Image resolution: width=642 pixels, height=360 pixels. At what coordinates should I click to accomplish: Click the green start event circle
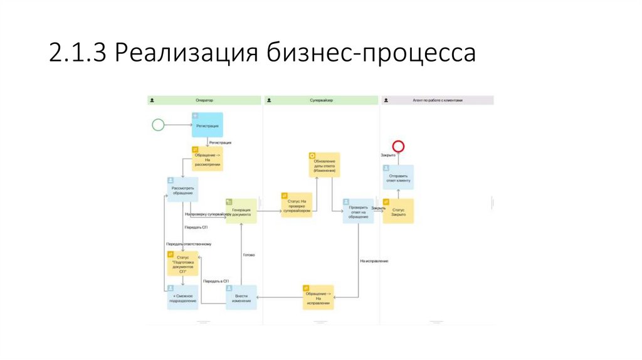[x=158, y=125]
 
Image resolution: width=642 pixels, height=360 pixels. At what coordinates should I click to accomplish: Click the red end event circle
[x=397, y=146]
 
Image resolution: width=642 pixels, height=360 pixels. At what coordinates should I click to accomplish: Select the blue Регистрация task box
[x=208, y=125]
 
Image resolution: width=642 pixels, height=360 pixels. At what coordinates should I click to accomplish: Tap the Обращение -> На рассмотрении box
[x=207, y=159]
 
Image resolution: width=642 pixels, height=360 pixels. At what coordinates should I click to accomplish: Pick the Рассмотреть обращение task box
[x=182, y=189]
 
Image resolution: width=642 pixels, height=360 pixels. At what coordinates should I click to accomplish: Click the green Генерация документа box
[x=241, y=211]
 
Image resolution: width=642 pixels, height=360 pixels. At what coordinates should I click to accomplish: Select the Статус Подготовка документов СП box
[x=182, y=263]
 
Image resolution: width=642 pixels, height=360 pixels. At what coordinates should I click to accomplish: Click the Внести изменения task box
[x=241, y=297]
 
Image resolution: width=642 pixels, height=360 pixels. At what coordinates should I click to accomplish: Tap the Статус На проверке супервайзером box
[x=297, y=204]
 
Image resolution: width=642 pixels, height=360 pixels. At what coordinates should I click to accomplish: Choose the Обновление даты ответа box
[x=324, y=164]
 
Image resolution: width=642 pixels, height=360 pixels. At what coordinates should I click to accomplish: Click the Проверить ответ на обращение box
[x=358, y=211]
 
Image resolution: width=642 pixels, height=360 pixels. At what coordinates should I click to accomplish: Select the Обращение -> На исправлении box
[x=318, y=297]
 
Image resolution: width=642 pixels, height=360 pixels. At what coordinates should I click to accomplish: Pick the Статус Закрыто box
[x=398, y=211]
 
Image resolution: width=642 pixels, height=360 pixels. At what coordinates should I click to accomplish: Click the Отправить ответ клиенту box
[x=398, y=177]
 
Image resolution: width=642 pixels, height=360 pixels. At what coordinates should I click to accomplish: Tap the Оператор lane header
[x=204, y=100]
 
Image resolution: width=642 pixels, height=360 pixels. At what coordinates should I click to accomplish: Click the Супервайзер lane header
[x=321, y=100]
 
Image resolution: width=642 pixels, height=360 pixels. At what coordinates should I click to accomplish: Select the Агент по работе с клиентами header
[x=437, y=100]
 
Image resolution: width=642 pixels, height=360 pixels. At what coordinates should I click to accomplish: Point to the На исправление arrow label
[x=374, y=260]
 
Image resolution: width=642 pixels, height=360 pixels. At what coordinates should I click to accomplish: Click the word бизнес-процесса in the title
[x=372, y=53]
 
